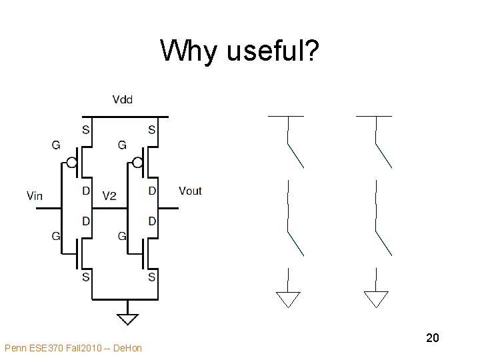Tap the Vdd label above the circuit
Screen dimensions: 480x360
coord(123,100)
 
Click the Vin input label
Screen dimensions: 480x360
coord(35,195)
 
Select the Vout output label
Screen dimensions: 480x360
coord(190,191)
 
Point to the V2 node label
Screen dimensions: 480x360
coord(109,195)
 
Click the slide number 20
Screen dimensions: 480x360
coord(432,339)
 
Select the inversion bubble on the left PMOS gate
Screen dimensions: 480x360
coord(71,162)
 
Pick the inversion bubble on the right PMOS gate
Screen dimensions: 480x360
coord(137,162)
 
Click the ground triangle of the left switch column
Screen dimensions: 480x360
coord(288,299)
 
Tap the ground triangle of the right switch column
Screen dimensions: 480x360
coord(376,299)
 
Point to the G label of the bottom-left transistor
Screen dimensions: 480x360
coord(56,235)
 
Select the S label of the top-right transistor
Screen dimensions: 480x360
coord(152,130)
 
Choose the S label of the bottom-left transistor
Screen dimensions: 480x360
coord(86,277)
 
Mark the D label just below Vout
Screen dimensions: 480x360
coord(152,221)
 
